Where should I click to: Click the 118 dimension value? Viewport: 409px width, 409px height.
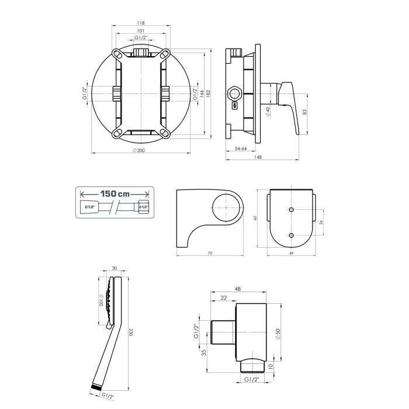pos(141,23)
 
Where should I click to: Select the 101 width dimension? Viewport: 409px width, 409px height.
pos(141,31)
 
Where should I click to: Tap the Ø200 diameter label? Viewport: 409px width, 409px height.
pos(139,150)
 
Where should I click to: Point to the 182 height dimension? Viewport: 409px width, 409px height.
pos(208,94)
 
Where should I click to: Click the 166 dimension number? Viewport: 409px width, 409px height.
pos(202,94)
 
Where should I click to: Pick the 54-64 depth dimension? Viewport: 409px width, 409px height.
pos(241,148)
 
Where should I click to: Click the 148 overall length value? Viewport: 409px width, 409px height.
pos(258,157)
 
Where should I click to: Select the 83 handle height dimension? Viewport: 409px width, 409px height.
pos(304,112)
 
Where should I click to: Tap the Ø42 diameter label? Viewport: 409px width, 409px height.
pos(268,112)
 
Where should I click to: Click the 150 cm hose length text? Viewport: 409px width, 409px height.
pos(115,194)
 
